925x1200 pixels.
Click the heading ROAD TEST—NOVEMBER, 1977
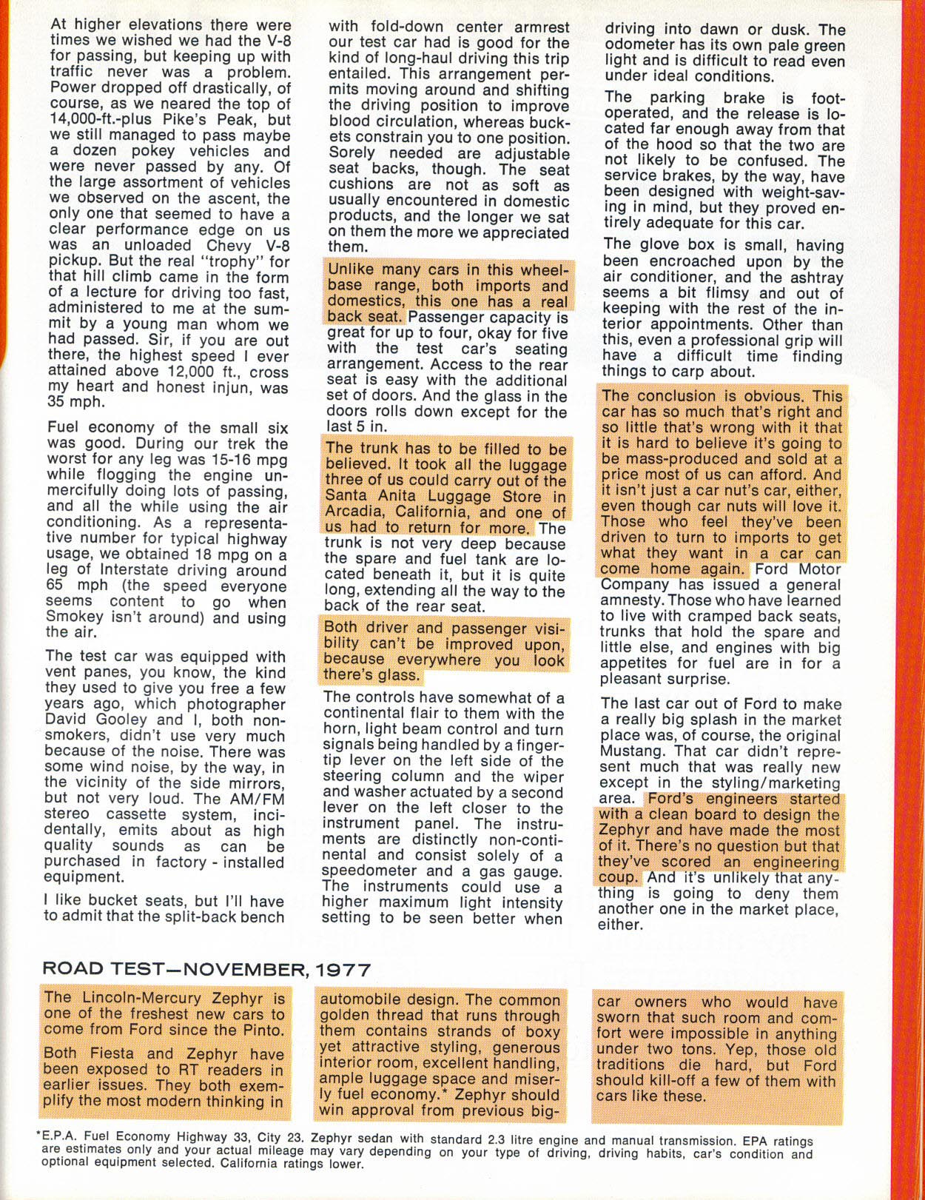206,969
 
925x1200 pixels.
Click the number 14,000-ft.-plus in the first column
95,120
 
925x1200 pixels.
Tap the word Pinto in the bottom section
263,1030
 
